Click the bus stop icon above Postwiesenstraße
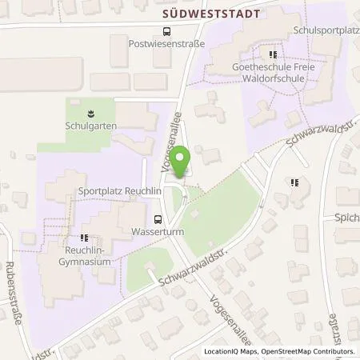[166, 32]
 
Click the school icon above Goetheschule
[273, 55]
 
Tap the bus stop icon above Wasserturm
[158, 221]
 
